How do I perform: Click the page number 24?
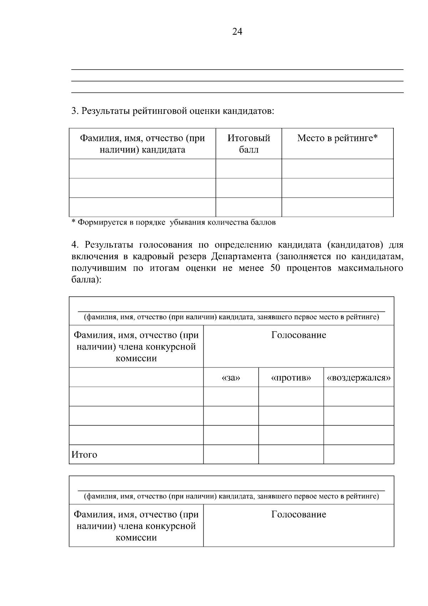(237, 32)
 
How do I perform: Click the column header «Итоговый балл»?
(249, 144)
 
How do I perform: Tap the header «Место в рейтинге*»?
(337, 138)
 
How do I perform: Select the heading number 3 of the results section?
(74, 111)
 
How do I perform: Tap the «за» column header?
(231, 377)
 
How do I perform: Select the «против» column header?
(291, 377)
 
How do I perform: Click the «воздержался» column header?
(358, 377)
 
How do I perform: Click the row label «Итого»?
(85, 455)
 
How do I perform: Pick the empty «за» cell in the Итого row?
(231, 454)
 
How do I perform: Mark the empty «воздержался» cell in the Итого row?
(358, 454)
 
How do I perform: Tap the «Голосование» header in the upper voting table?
(299, 335)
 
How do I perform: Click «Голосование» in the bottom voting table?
(299, 514)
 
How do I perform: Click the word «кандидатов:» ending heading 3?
(249, 111)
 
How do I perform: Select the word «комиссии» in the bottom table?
(136, 537)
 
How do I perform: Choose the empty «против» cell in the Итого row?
(291, 454)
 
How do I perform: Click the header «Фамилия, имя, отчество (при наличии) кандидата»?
(142, 144)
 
